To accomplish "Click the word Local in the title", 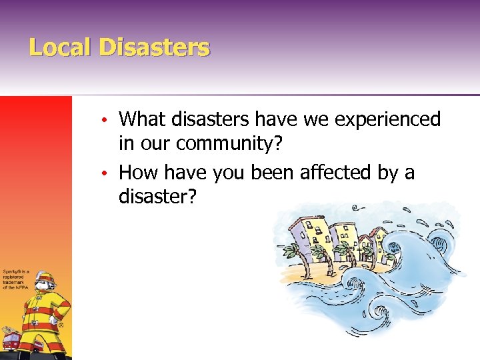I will [60, 47].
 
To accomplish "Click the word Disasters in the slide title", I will [154, 47].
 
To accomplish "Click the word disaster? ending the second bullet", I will [157, 197].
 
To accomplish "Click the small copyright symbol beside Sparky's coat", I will [61, 326].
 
